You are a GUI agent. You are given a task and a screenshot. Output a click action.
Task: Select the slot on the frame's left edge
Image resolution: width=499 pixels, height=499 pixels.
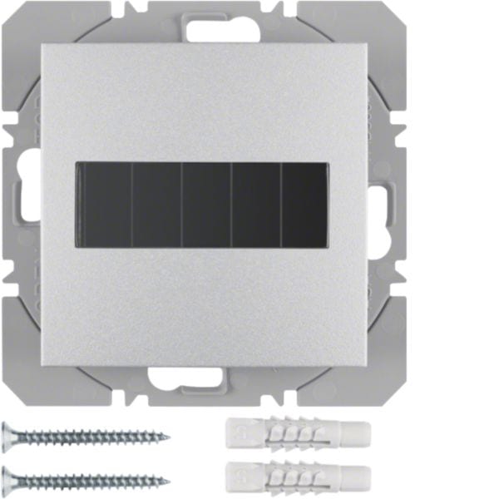[x=22, y=201]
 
